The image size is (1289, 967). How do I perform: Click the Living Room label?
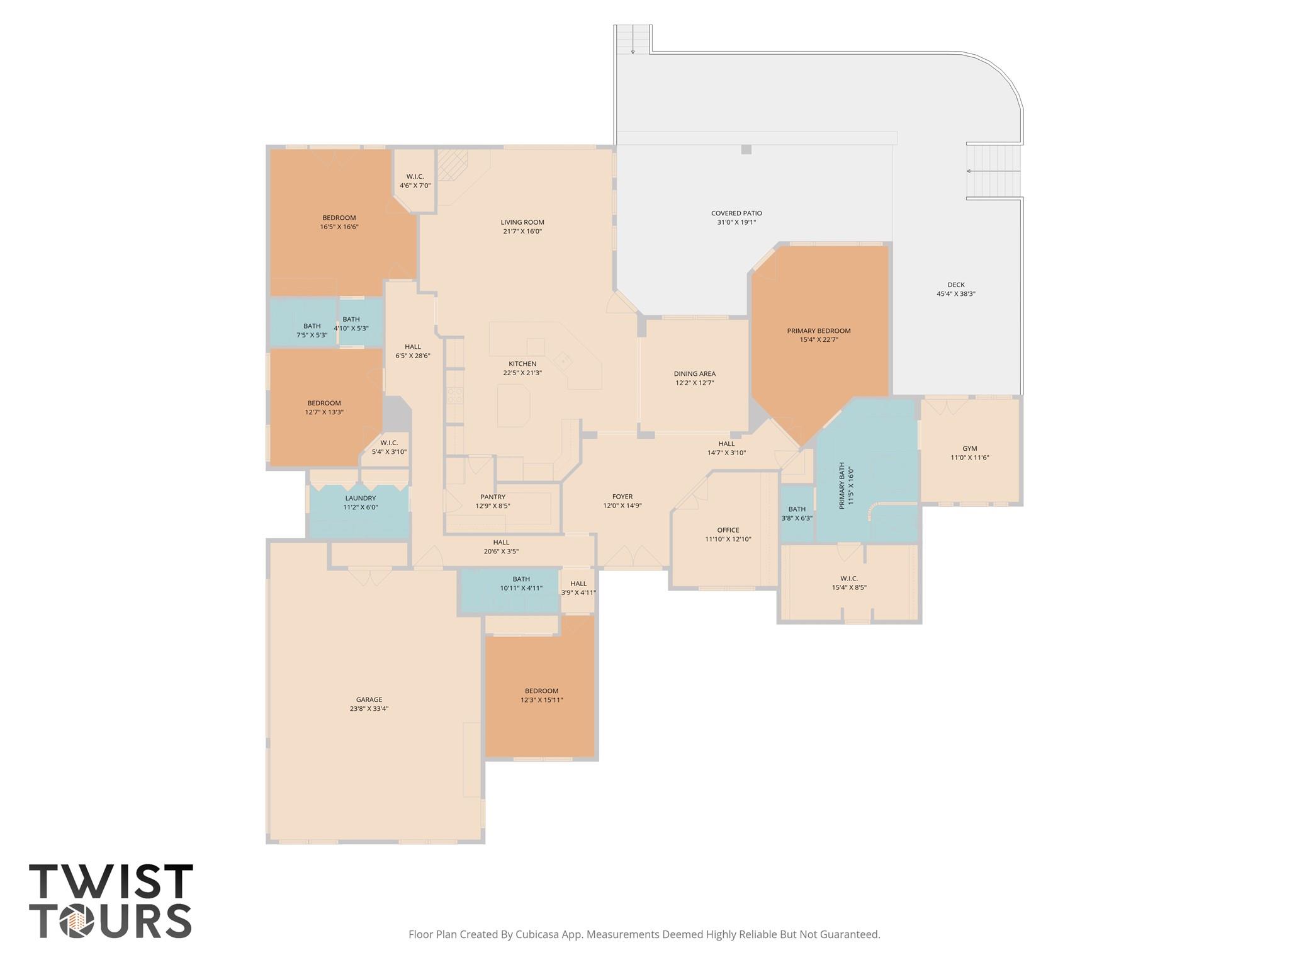[522, 222]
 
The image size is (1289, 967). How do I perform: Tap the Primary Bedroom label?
[818, 331]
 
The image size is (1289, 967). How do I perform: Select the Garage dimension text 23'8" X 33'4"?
[369, 708]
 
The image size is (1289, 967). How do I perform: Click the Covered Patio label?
[736, 213]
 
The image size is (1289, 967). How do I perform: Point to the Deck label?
[956, 285]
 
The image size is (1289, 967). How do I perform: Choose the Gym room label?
[970, 449]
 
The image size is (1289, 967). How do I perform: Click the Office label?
[728, 530]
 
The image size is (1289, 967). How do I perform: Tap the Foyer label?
[622, 497]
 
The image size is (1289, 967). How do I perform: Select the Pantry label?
[493, 497]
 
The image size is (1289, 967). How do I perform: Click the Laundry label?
[361, 498]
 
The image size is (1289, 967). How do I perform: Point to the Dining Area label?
[695, 374]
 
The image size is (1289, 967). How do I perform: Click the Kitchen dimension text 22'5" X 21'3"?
[522, 373]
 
